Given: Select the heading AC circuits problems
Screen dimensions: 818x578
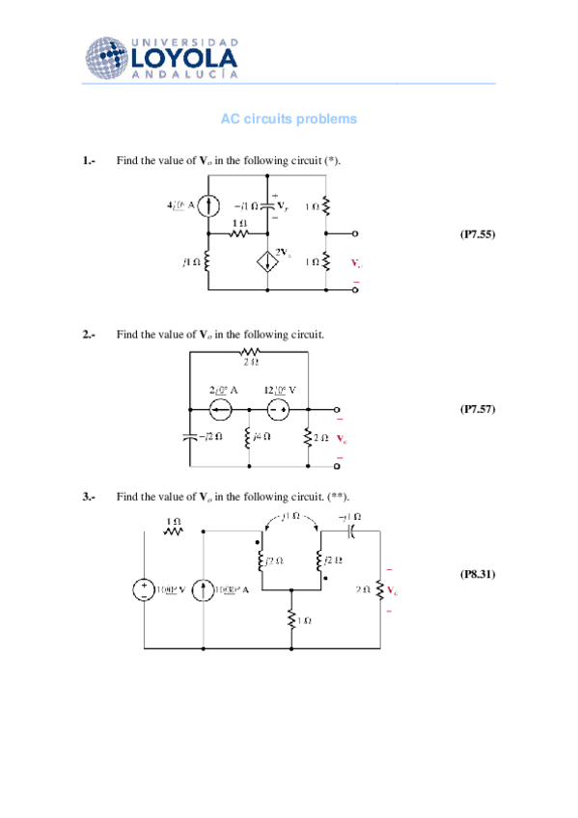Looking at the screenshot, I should tap(289, 119).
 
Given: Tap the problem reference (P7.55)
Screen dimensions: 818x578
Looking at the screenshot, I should tap(477, 233).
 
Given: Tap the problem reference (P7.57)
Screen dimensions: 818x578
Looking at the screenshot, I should tap(477, 409).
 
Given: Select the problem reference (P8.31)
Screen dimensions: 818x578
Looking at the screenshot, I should tap(477, 574).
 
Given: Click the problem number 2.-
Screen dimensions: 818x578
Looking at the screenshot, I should tap(89, 334).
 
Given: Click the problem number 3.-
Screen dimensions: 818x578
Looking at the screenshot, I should tap(89, 497).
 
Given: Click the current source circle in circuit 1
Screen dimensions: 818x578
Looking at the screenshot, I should tap(210, 205).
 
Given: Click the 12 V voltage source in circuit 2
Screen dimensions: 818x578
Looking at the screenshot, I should tap(278, 410).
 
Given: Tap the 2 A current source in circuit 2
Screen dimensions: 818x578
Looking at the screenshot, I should tap(220, 410).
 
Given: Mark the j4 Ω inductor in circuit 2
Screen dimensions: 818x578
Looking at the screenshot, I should tap(249, 437).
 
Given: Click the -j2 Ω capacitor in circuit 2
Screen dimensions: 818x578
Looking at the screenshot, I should tap(190, 437).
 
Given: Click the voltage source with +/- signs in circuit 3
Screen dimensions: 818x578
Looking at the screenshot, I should tap(143, 589).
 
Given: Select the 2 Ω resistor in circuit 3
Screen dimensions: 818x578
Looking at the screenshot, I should tap(380, 589).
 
